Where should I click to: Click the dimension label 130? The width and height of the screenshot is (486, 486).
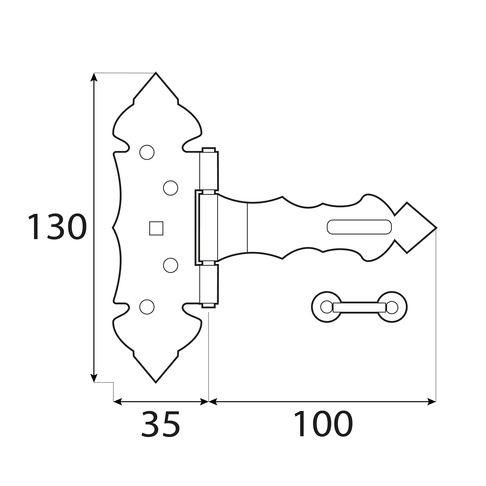coord(58,226)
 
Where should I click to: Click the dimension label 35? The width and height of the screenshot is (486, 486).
coord(161,424)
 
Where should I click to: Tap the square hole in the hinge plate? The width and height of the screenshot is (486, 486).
coord(156,228)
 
